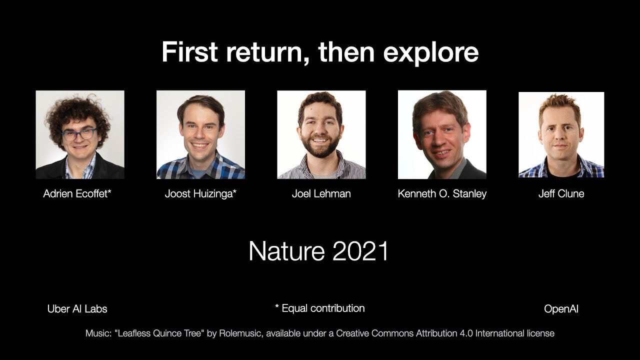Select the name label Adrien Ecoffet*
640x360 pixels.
tap(77, 194)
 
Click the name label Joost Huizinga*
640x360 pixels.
tap(200, 194)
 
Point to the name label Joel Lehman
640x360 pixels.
tap(321, 194)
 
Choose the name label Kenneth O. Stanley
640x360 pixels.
tap(442, 194)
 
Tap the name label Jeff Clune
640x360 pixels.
tap(561, 194)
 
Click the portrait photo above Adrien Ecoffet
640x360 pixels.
tap(80, 134)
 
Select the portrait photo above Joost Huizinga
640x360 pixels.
tap(200, 134)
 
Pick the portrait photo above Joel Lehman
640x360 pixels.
tap(321, 134)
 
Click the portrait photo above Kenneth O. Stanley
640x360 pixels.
tap(442, 134)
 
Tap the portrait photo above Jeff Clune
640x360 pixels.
tap(561, 134)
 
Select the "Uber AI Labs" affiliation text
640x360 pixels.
tap(77, 309)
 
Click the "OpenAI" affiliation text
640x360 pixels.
tap(561, 309)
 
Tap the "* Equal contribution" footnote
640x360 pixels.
tap(320, 308)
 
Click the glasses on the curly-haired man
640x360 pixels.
tap(79, 134)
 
